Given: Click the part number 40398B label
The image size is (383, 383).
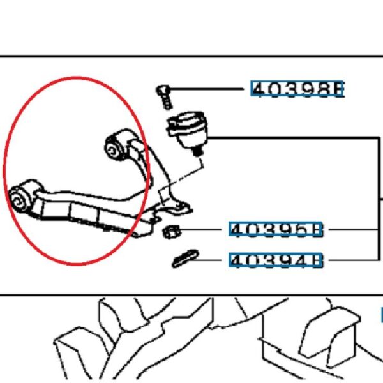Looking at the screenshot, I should point(297,89).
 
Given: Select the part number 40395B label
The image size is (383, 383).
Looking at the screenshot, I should point(277,230).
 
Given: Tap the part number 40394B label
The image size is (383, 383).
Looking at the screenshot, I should point(277,260).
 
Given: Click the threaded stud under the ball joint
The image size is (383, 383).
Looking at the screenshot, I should point(198,151).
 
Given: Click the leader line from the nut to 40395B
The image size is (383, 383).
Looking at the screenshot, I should point(204,230).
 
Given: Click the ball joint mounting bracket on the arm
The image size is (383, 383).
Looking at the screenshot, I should point(176,204).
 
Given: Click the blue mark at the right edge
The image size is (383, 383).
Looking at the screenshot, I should point(380,314).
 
